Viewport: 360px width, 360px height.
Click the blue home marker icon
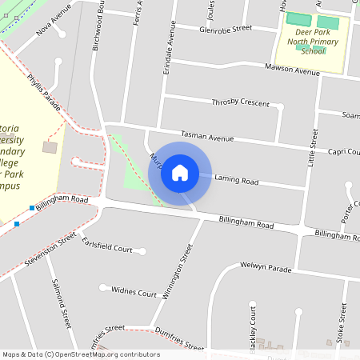180,172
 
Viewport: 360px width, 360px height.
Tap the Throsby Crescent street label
241,102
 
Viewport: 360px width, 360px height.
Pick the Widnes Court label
134,294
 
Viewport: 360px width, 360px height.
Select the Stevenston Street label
50,249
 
